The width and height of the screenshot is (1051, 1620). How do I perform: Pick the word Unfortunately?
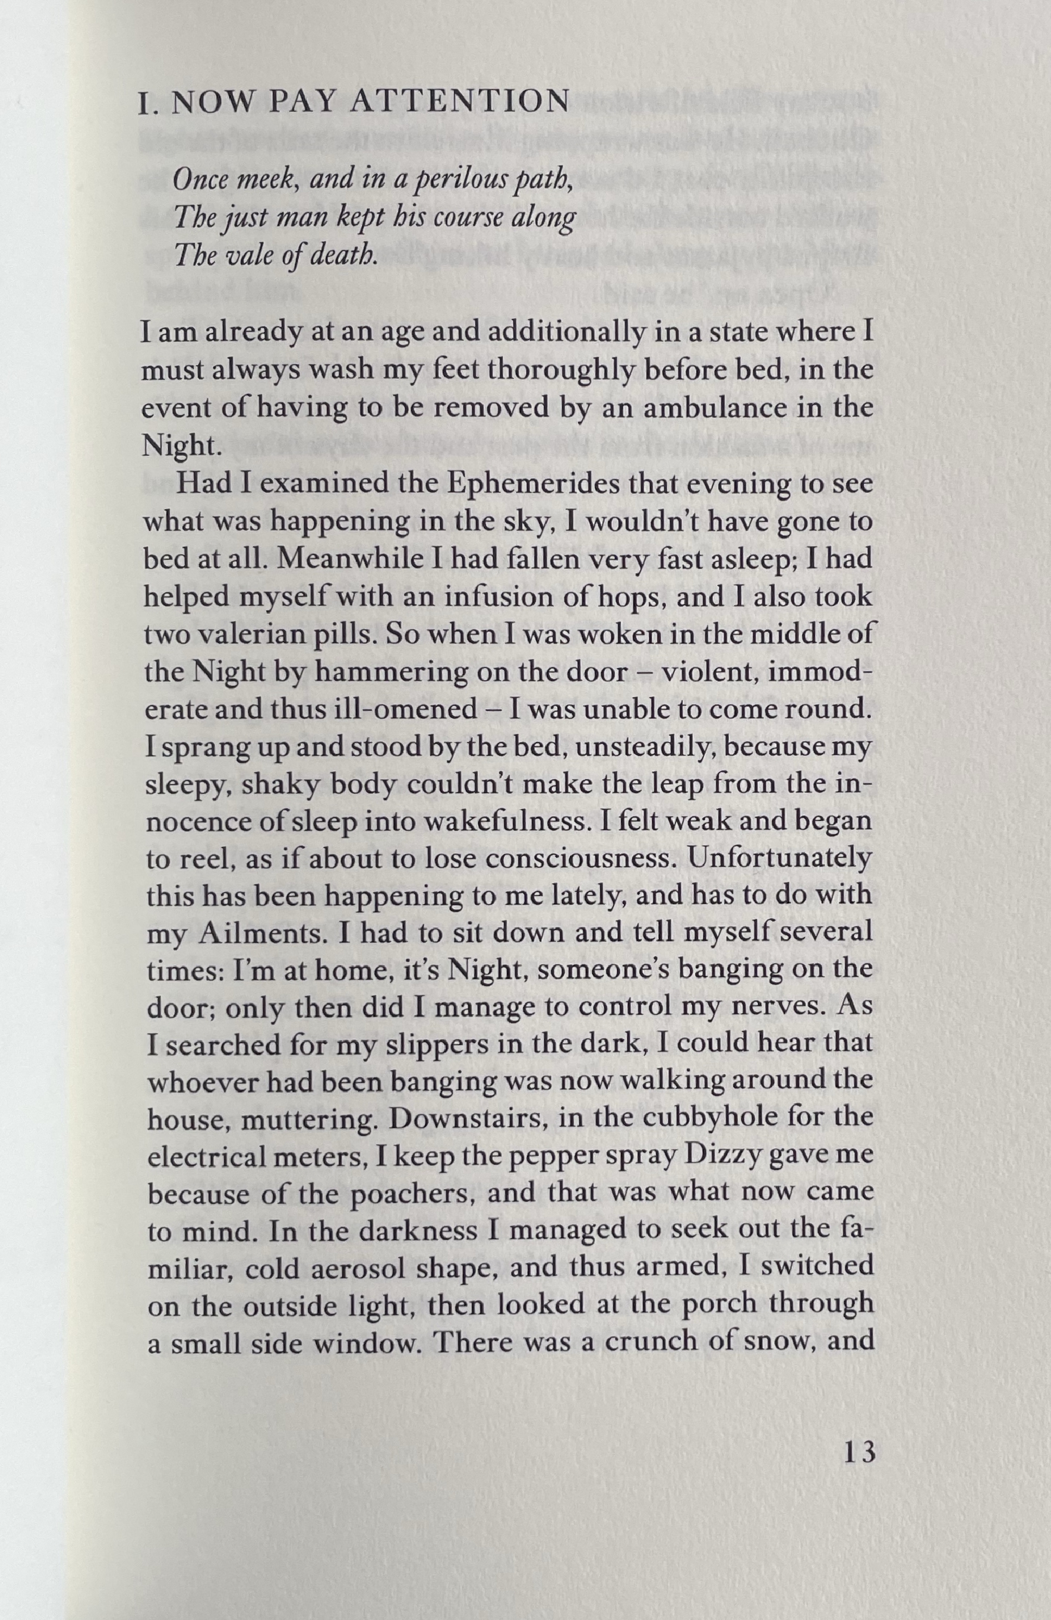[779, 859]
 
